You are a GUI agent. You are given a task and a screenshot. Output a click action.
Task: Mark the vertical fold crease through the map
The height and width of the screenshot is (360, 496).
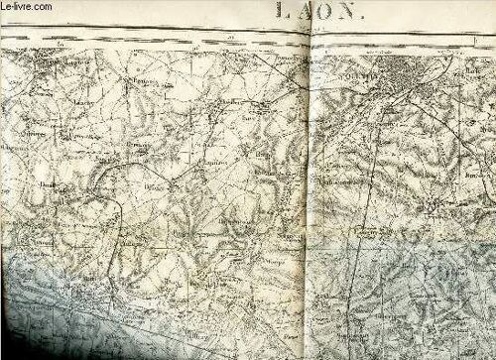pyautogui.click(x=310, y=198)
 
